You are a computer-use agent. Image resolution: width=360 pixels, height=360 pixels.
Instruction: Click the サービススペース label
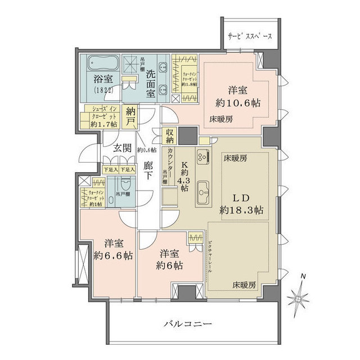point(250,37)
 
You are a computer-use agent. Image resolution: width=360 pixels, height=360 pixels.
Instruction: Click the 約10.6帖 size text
point(239,103)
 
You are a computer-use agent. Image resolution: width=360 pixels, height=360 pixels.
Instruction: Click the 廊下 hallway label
point(148,170)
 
